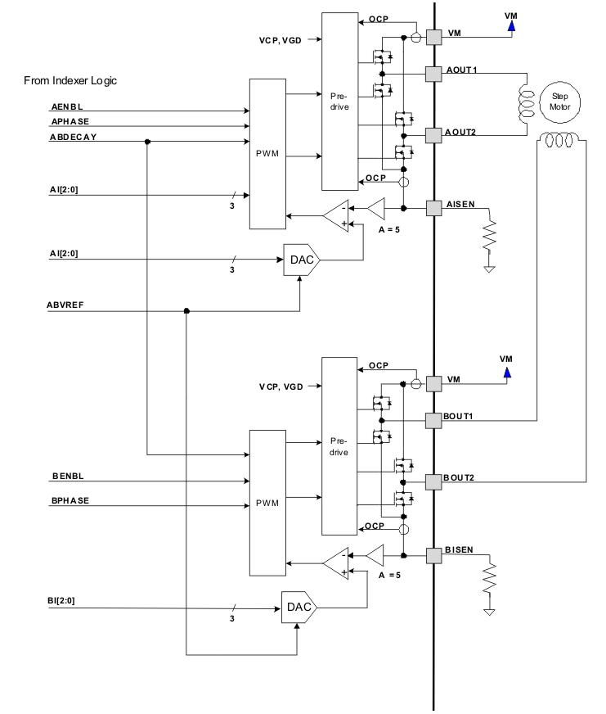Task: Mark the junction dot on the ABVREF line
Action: click(186, 311)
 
